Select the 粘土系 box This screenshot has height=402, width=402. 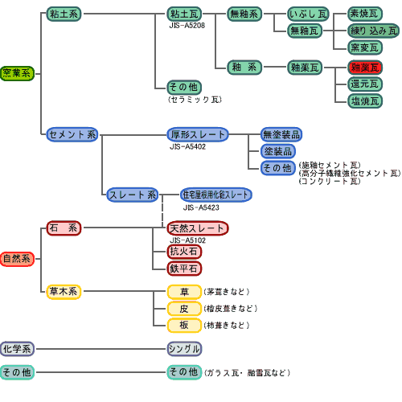pos(64,14)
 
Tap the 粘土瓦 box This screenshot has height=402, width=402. pos(184,14)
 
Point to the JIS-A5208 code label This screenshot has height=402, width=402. pos(187,27)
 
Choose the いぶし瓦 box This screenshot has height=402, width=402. pos(309,14)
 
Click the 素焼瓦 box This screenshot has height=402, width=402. pos(365,14)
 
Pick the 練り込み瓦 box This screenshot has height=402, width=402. pos(372,31)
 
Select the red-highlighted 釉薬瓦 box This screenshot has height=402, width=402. pos(365,68)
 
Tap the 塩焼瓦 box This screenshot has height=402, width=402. pos(365,100)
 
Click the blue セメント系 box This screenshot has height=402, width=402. pos(72,134)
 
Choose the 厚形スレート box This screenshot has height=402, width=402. pos(198,134)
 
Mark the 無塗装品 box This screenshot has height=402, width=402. pos(281,134)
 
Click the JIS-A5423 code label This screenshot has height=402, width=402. pos(200,207)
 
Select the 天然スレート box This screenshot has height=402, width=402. pos(198,229)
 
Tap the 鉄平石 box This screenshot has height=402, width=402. pos(184,268)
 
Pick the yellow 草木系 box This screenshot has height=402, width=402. pos(64,292)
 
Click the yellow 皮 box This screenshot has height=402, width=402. pos(184,309)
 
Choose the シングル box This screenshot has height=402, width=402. pos(184,349)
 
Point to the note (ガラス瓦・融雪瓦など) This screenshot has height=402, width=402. pos(248,373)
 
